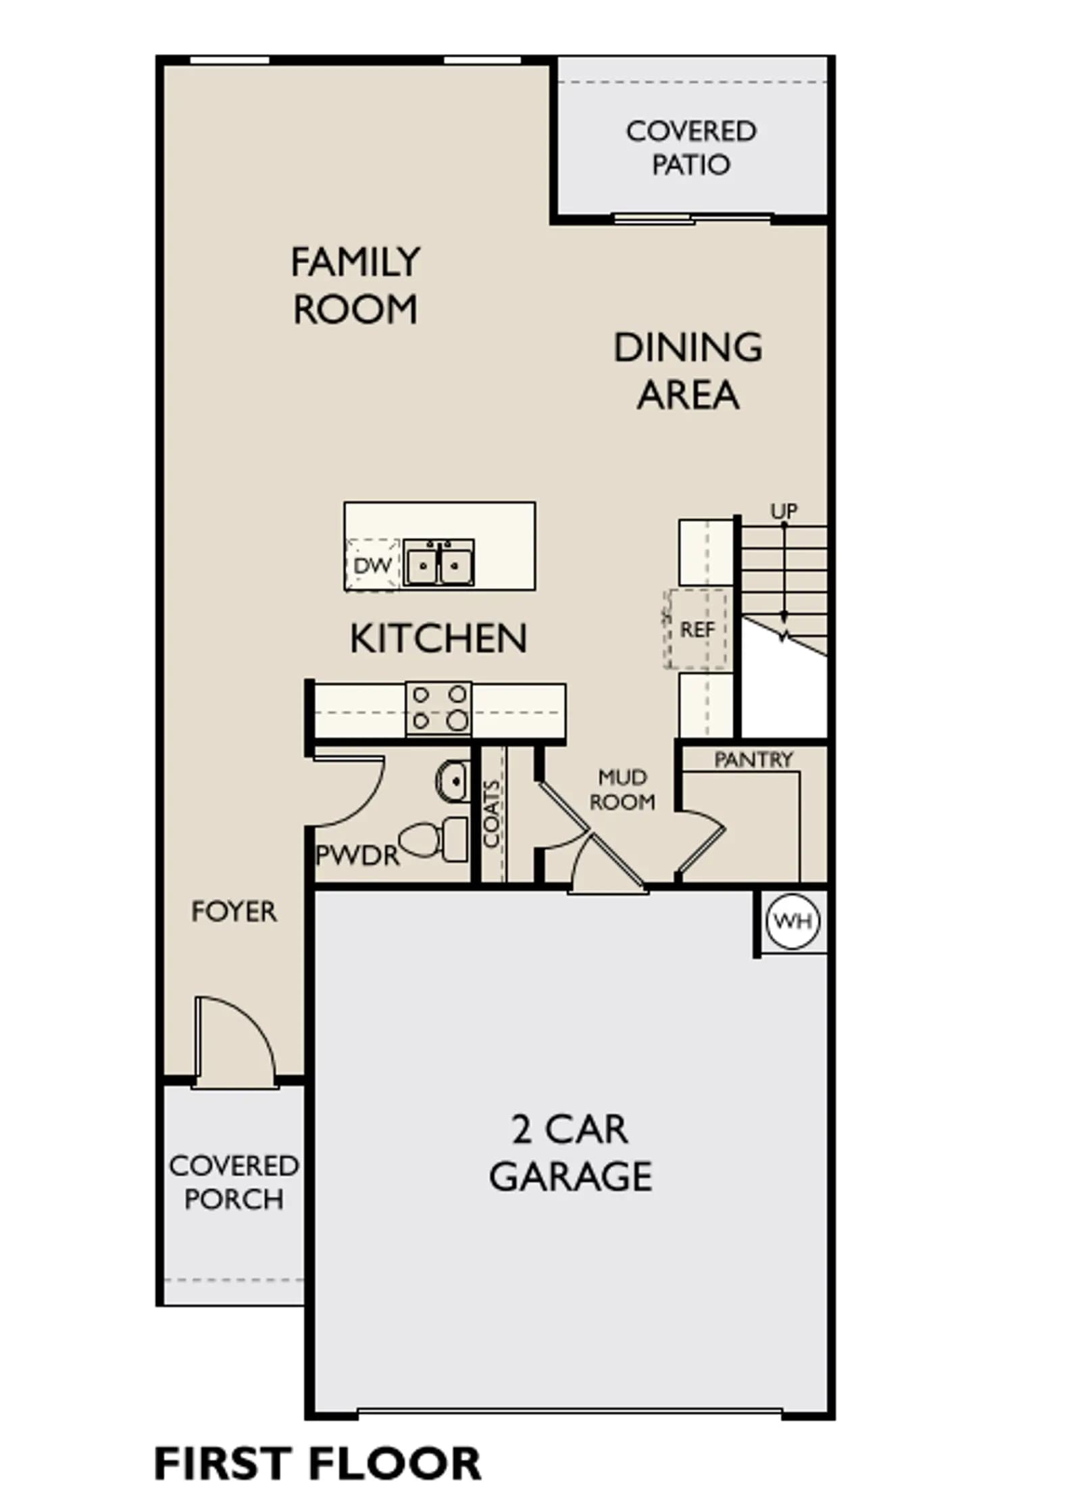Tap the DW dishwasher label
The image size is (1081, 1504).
click(372, 565)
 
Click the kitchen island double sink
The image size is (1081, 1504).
click(438, 562)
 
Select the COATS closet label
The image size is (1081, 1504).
click(492, 814)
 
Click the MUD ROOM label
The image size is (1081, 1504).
click(622, 790)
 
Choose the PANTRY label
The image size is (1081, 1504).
click(753, 760)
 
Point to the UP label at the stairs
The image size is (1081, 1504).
click(784, 511)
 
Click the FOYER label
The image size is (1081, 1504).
click(234, 912)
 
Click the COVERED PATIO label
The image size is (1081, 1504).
click(691, 148)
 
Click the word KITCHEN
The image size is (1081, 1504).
click(438, 639)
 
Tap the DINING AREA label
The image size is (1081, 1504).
click(688, 371)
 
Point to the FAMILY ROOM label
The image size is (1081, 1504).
click(355, 285)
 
